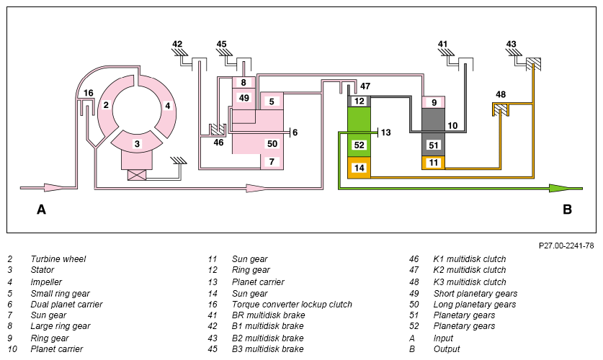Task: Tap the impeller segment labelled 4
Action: (x=167, y=106)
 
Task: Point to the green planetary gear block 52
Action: (x=359, y=132)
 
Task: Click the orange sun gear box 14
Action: (x=359, y=168)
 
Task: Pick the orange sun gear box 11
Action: (x=434, y=163)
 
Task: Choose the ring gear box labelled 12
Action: (x=359, y=101)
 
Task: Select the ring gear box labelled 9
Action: (x=434, y=102)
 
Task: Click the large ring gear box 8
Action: (x=244, y=83)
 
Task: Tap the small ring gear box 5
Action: (x=272, y=101)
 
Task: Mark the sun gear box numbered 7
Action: (x=272, y=162)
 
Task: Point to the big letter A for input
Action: (x=41, y=210)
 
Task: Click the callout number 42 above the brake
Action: (x=177, y=44)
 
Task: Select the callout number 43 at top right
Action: (x=511, y=44)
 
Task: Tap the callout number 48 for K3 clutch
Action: (x=501, y=94)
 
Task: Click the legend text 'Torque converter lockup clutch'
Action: (x=292, y=305)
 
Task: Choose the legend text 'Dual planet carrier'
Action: (x=66, y=305)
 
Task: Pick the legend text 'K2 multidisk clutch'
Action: (x=470, y=270)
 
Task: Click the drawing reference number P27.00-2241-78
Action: (x=566, y=246)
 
